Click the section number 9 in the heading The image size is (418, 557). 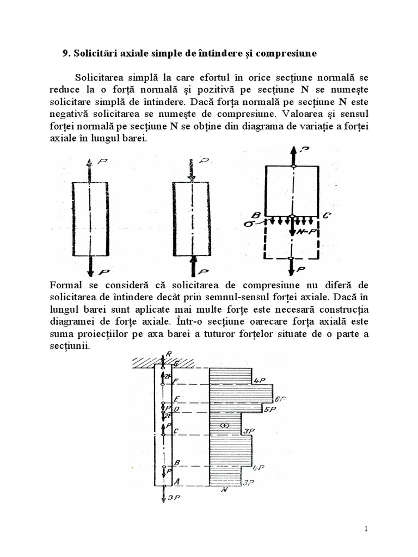pyautogui.click(x=65, y=54)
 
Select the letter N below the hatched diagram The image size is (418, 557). pyautogui.click(x=224, y=490)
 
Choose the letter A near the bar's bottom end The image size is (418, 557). pyautogui.click(x=175, y=480)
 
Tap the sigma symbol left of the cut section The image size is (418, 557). pyautogui.click(x=248, y=223)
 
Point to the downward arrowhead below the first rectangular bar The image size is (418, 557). pyautogui.click(x=90, y=268)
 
